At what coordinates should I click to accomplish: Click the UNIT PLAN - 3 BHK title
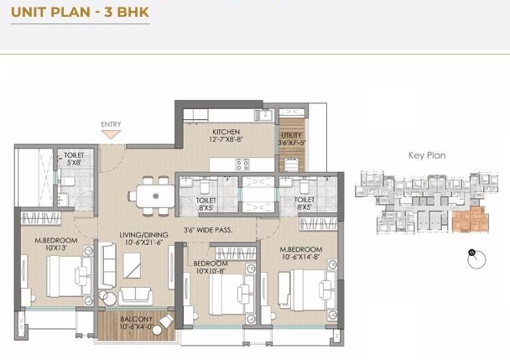pyautogui.click(x=80, y=13)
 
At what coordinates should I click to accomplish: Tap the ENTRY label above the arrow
pyautogui.click(x=111, y=124)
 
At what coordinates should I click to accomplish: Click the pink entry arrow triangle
pyautogui.click(x=111, y=134)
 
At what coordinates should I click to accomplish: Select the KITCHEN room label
pyautogui.click(x=226, y=136)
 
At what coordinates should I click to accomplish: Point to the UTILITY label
pyautogui.click(x=291, y=138)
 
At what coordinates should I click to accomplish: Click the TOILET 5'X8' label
pyautogui.click(x=74, y=159)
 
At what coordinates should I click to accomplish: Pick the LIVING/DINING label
pyautogui.click(x=143, y=238)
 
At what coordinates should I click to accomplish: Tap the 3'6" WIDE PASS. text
pyautogui.click(x=208, y=230)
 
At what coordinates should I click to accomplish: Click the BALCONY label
pyautogui.click(x=136, y=322)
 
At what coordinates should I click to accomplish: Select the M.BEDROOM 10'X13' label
pyautogui.click(x=56, y=244)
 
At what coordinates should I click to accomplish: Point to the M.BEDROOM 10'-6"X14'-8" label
pyautogui.click(x=301, y=253)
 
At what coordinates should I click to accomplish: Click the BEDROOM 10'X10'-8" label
pyautogui.click(x=211, y=267)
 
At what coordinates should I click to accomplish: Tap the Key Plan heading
pyautogui.click(x=427, y=155)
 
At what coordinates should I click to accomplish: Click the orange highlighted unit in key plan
pyautogui.click(x=471, y=220)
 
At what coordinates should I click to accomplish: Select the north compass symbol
pyautogui.click(x=476, y=259)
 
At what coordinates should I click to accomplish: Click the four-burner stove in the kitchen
pyautogui.click(x=242, y=164)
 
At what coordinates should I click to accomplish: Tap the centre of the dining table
pyautogui.click(x=155, y=196)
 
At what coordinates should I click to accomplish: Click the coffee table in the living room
pyautogui.click(x=132, y=266)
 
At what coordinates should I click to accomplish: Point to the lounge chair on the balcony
pyautogui.click(x=167, y=321)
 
